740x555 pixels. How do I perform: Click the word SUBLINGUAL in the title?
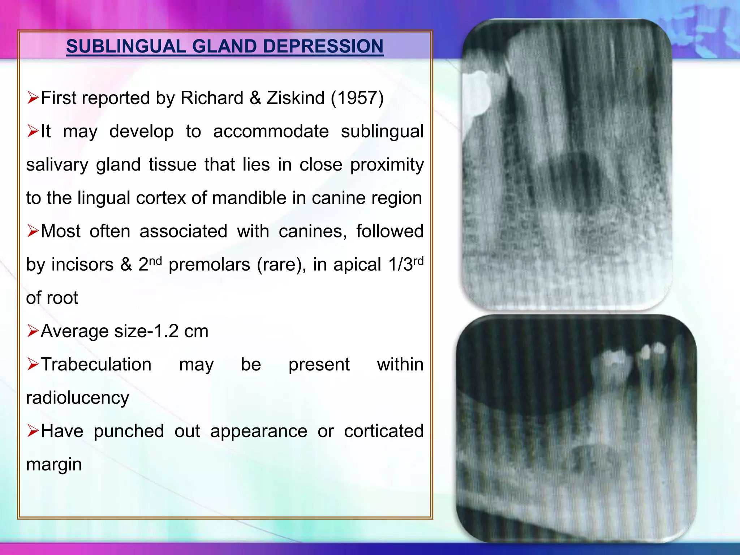tap(126, 46)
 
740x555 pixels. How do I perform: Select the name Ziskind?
tap(296, 98)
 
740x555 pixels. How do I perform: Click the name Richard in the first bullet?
tap(212, 98)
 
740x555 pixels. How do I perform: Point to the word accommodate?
tap(271, 131)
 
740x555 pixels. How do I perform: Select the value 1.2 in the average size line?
tap(166, 331)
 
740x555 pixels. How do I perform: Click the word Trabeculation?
tap(96, 364)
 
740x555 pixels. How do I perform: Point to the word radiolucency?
tap(77, 398)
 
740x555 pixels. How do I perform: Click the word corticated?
tap(383, 431)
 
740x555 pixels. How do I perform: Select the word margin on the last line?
tap(54, 465)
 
